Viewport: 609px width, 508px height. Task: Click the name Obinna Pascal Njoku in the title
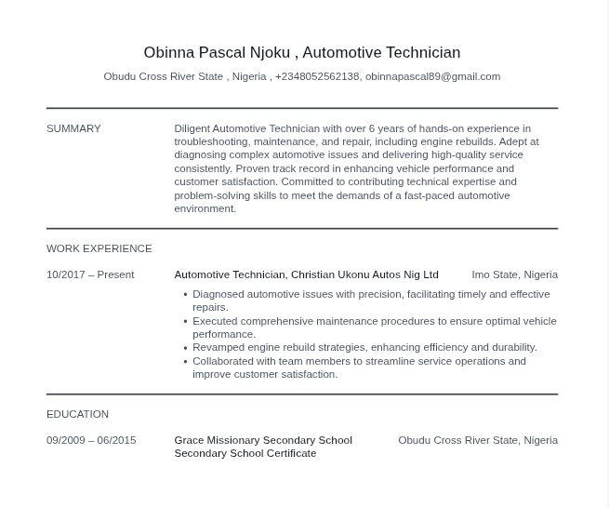click(217, 52)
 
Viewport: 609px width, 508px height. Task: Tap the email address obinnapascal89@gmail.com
click(432, 76)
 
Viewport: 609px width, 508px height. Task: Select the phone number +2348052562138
click(316, 76)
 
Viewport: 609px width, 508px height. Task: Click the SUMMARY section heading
click(73, 128)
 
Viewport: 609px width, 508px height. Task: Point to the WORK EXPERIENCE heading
click(99, 248)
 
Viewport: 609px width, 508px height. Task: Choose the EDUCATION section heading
click(77, 414)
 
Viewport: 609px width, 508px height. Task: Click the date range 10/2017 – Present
click(90, 274)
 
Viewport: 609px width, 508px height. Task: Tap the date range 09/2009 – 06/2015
click(91, 440)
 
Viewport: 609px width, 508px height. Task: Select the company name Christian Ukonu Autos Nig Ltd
click(364, 274)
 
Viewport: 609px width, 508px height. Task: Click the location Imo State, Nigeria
click(514, 274)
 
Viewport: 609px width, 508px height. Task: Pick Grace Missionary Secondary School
click(262, 440)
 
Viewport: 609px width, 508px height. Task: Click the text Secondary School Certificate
click(245, 453)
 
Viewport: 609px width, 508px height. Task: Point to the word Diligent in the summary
click(192, 128)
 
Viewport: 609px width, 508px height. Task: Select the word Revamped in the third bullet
click(218, 347)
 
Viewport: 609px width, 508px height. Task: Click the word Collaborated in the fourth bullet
click(222, 361)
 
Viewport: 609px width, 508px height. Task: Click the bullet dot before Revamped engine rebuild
click(185, 348)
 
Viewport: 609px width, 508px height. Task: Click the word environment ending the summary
click(204, 208)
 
